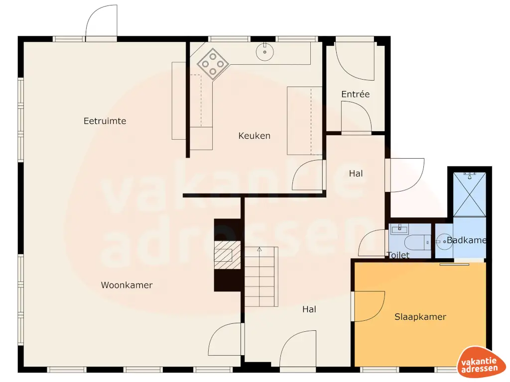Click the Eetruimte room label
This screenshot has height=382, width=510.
(105, 121)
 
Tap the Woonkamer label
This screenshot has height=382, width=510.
(127, 285)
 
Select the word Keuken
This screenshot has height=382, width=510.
(254, 135)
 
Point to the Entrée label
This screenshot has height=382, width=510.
(355, 94)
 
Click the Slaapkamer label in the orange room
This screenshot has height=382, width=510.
(420, 317)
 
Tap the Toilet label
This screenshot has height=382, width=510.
(398, 255)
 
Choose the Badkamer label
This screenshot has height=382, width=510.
(466, 240)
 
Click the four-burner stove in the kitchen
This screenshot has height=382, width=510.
(213, 64)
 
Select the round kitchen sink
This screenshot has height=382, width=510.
(264, 50)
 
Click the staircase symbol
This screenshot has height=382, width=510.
(260, 277)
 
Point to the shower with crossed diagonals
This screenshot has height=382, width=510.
(469, 194)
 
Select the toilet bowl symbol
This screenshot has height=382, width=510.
(416, 242)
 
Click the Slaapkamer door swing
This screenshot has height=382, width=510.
(369, 305)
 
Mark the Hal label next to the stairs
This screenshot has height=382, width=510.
(309, 309)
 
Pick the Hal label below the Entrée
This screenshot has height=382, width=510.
(356, 174)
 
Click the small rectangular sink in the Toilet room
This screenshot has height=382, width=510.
(399, 229)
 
